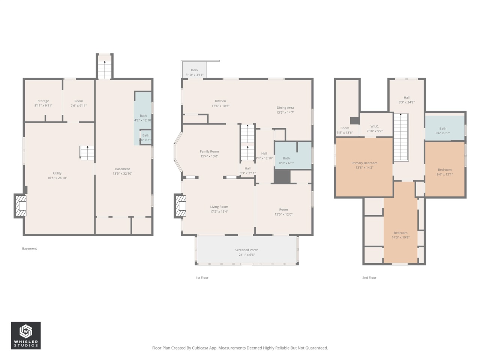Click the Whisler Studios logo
25,335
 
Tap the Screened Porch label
246,250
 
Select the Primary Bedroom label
364,163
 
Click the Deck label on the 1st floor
194,70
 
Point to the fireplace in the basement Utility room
21,205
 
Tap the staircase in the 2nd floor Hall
400,137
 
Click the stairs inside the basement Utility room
87,153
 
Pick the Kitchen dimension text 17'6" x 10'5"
220,106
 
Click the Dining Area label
285,108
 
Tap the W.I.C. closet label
374,126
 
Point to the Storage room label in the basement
43,101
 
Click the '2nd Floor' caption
369,278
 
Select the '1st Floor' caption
202,278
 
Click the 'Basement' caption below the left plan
29,249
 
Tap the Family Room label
209,151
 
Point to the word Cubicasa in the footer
200,348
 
